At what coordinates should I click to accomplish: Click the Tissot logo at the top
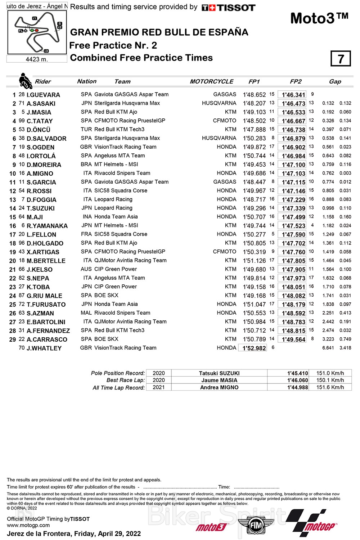228,8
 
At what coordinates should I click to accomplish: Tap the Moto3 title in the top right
319,18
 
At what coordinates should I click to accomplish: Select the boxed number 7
341,59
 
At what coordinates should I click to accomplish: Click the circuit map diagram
37,32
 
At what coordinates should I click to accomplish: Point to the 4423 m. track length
37,59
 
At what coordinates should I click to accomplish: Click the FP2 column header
296,82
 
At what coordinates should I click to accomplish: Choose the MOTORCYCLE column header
212,82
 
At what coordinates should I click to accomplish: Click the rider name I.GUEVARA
43,95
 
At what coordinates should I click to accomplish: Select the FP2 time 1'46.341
293,95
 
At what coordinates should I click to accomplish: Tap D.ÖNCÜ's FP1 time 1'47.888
254,130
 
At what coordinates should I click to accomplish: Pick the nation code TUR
86,129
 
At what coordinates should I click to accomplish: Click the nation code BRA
86,164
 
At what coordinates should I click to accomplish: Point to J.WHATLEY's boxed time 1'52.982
254,348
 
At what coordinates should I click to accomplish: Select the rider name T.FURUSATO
46,305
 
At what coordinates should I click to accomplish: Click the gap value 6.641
328,348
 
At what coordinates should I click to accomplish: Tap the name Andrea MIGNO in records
219,387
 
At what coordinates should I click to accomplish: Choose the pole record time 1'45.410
297,373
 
